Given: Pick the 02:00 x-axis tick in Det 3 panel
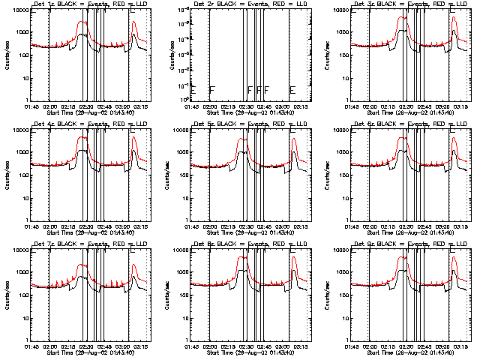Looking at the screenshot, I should pos(371,105).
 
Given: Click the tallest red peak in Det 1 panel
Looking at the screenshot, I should pos(80,21).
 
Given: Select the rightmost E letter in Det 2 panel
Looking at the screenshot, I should pos(292,90).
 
